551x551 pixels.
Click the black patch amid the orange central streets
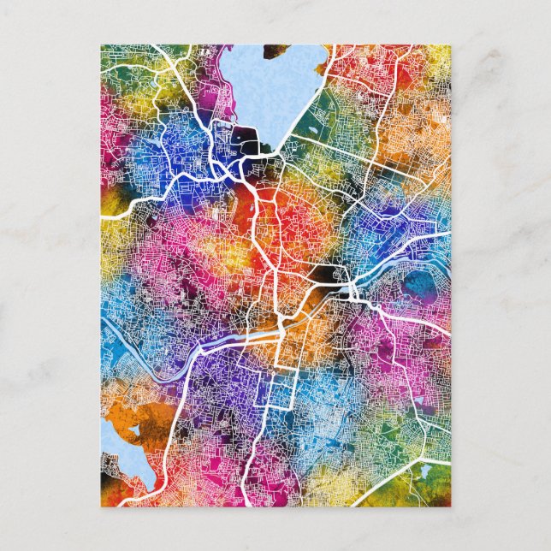(x=326, y=274)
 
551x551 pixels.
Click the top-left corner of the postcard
(x=101, y=45)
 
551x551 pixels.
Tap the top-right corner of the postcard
(x=451, y=45)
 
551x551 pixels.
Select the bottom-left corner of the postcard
(x=101, y=507)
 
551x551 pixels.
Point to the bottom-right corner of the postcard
(x=451, y=507)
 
